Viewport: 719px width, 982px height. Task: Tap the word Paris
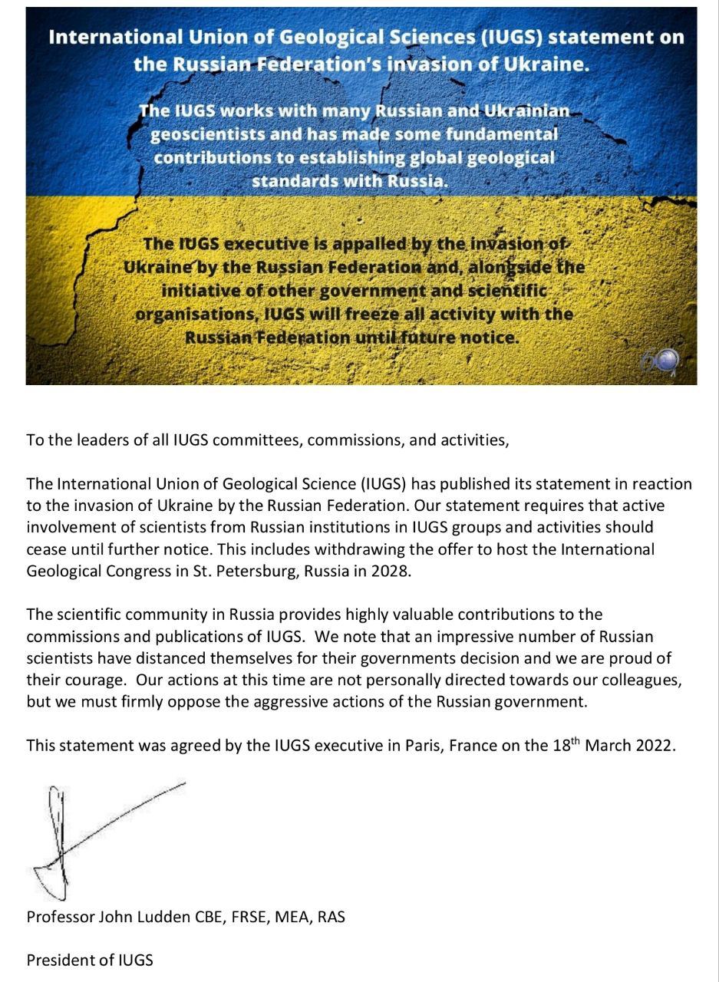423,746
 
